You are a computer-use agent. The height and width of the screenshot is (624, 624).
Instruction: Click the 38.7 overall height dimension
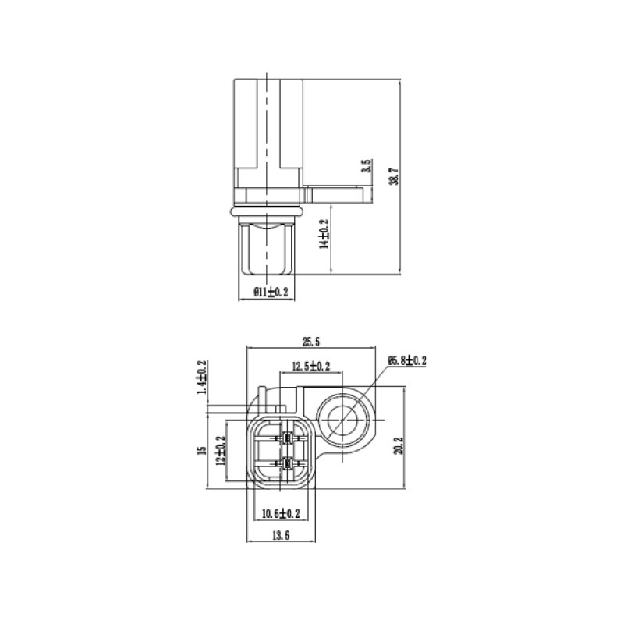(x=393, y=176)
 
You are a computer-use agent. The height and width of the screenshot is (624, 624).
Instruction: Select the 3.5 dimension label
(x=367, y=166)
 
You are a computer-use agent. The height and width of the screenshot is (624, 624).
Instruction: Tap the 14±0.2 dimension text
(x=325, y=234)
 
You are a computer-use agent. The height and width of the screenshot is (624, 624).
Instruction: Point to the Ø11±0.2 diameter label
(x=271, y=292)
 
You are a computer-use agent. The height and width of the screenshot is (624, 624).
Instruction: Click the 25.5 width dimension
(x=310, y=342)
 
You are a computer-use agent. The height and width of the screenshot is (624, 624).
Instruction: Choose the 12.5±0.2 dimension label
(x=311, y=367)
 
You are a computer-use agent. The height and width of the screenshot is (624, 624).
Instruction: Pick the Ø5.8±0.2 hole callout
(x=407, y=360)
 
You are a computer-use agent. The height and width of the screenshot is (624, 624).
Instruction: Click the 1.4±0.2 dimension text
(x=202, y=378)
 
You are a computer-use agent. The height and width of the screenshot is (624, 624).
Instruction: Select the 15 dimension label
(x=202, y=450)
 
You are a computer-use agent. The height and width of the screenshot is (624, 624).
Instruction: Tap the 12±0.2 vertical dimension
(x=221, y=450)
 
